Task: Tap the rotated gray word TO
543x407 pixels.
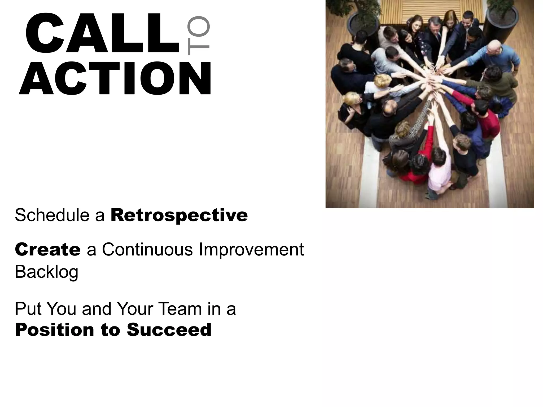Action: (198, 36)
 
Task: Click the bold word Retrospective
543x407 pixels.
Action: (179, 215)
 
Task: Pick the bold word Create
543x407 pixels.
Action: (48, 250)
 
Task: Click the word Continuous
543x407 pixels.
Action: (147, 250)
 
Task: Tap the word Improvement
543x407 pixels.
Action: (251, 250)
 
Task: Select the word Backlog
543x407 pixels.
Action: (47, 272)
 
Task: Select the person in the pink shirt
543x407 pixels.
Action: (439, 170)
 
